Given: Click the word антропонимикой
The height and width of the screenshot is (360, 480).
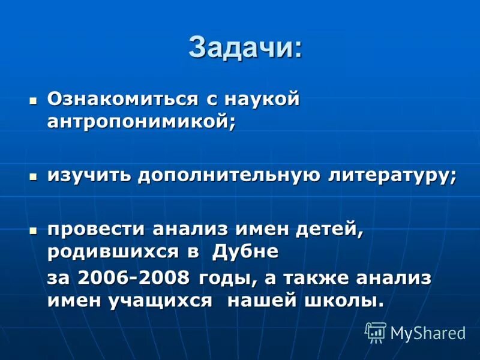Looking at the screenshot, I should [x=141, y=120].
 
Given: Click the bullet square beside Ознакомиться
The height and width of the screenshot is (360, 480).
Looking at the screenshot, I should [x=34, y=98].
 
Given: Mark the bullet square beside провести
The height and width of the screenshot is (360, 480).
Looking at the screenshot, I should [x=34, y=229].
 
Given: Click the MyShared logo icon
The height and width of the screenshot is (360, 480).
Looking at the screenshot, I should [x=376, y=332].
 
